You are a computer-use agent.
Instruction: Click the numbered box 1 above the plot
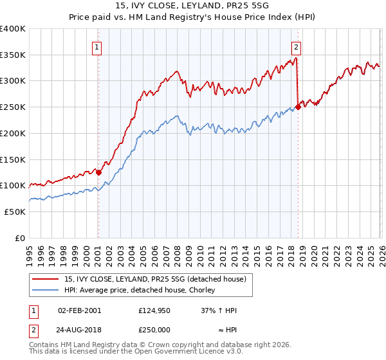[x=97, y=46]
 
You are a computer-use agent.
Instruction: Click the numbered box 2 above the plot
[x=296, y=46]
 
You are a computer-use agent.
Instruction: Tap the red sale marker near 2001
[x=98, y=172]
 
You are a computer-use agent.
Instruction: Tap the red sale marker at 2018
[x=298, y=107]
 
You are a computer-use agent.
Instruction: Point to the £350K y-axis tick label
[x=13, y=55]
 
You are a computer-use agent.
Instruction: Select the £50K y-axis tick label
[x=15, y=212]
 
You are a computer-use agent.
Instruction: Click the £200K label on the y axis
[x=13, y=133]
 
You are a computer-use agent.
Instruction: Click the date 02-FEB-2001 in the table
[x=79, y=310]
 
